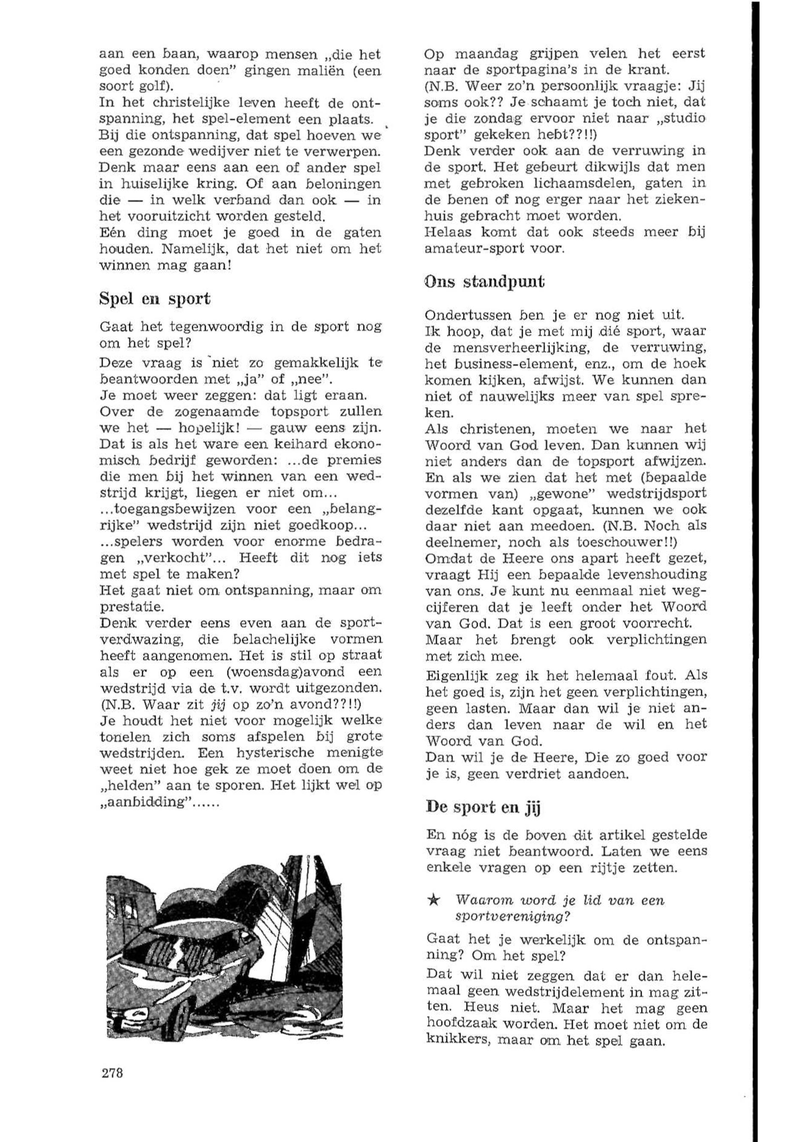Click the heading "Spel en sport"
click(x=155, y=298)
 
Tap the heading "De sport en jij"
click(x=483, y=808)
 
